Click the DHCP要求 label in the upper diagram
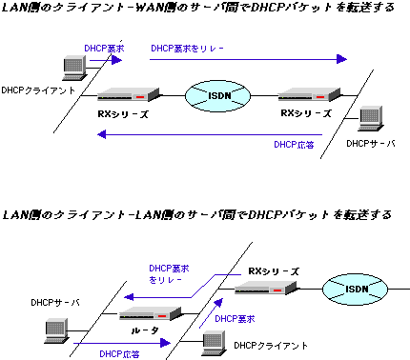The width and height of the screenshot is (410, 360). point(105,46)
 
